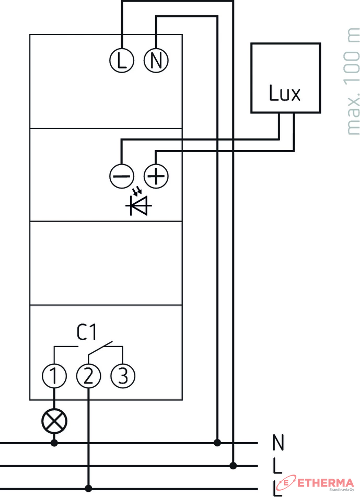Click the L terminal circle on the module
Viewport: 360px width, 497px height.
(x=122, y=61)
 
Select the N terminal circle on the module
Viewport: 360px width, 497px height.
(x=156, y=61)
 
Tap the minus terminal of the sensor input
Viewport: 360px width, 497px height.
(x=122, y=177)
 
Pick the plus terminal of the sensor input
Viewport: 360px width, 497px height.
(x=156, y=177)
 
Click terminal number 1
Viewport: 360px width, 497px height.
(x=54, y=375)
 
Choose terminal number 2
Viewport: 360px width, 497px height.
(x=88, y=375)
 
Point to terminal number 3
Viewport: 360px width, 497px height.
(x=122, y=375)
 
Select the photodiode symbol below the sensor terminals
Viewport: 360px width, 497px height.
(x=139, y=205)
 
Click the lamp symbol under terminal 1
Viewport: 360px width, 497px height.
(x=54, y=420)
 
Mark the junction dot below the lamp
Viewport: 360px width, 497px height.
(x=54, y=443)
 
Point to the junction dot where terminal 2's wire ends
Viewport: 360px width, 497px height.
(x=88, y=488)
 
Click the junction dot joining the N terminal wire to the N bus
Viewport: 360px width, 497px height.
(x=217, y=443)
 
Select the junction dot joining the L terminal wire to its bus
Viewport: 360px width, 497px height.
(x=234, y=465)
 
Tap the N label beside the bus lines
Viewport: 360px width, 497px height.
(x=278, y=443)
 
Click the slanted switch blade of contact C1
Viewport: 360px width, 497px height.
(x=100, y=349)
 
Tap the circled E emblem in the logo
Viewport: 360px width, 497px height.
(x=287, y=481)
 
